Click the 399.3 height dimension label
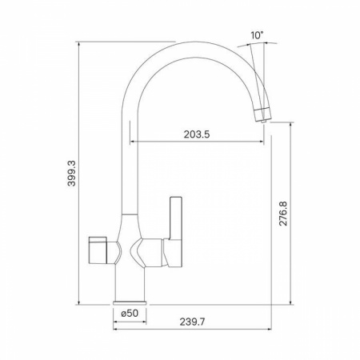[71, 174]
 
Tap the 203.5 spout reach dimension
[197, 134]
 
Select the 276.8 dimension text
[283, 214]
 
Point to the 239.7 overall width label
[192, 322]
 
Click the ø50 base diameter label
[130, 314]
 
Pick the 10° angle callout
[257, 35]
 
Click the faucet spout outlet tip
[264, 122]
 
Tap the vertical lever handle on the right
[176, 218]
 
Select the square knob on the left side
[98, 250]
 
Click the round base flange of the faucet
[130, 302]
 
